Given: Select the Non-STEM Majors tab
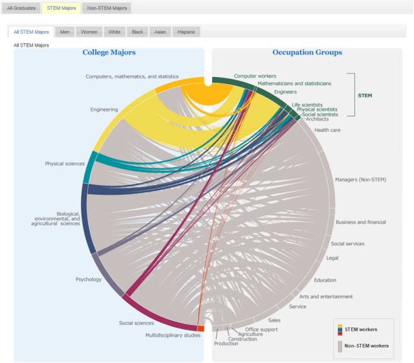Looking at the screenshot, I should coord(107,8).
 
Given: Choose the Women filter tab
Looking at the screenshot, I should coord(89,32).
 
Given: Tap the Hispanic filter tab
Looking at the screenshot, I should coord(187,32).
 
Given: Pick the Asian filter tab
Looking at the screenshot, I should coord(160,32).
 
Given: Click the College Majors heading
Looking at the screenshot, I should coord(109,52).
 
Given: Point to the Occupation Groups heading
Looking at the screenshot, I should coord(307,52).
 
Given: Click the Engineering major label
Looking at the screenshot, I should coord(103,110).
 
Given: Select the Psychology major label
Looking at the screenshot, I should coord(89,280).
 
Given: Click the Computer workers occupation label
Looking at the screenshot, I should coord(255,76).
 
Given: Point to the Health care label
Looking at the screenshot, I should coord(327,130).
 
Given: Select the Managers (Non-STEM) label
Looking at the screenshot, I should coord(360,179).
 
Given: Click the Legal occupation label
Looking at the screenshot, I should coord(332,258).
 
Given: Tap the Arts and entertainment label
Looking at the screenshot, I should coord(326,296).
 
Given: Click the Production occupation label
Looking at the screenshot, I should coord(226,344).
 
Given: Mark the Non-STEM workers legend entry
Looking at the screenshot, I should coord(366,346).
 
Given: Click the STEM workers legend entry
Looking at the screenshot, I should coord(361,329).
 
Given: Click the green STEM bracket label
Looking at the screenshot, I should coord(365,95).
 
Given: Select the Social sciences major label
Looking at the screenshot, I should coord(136,323).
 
